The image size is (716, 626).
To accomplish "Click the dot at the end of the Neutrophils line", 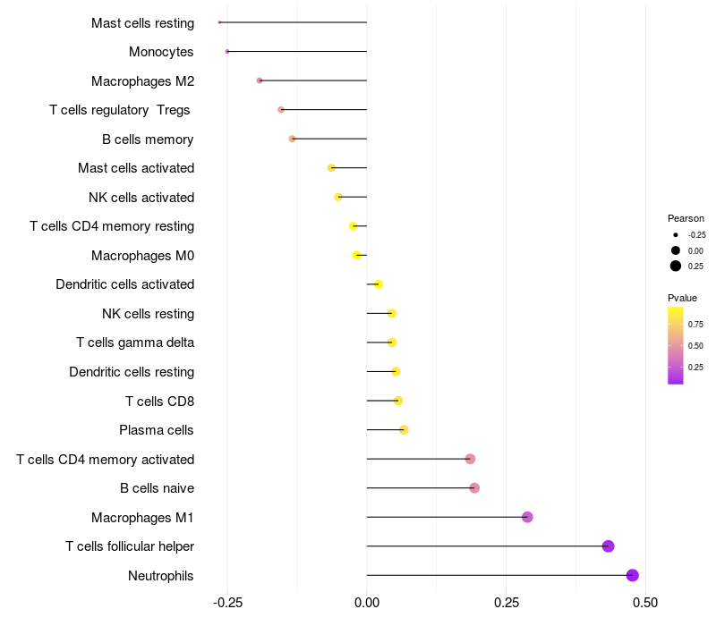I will (x=633, y=575).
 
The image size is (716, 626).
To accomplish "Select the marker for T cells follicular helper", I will (x=609, y=546).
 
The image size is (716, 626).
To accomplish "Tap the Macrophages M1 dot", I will (x=527, y=517).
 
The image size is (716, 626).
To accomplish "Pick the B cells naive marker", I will (x=474, y=488).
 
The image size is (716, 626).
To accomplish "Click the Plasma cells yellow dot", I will (x=404, y=430).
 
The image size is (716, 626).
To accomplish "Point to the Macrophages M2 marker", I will (x=260, y=80).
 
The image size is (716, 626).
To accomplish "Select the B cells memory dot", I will (x=292, y=139).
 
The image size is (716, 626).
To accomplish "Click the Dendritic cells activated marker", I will (x=379, y=284).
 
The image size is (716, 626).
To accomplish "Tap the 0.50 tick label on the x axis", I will (x=645, y=603).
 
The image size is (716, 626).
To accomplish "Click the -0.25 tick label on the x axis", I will (x=227, y=603).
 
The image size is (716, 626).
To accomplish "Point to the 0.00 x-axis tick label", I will (x=367, y=603).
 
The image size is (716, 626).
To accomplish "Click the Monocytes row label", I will (x=161, y=52).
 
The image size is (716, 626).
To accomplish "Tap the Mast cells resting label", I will (x=142, y=22).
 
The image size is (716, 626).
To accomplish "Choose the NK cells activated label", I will (x=141, y=197).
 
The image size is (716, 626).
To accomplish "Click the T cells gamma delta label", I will (x=135, y=343).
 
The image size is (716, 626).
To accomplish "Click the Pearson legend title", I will (x=686, y=218).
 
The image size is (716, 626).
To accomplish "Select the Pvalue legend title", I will (x=682, y=298).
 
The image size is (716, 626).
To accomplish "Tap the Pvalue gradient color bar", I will (x=676, y=345).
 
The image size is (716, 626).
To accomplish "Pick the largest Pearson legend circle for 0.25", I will (x=676, y=266).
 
